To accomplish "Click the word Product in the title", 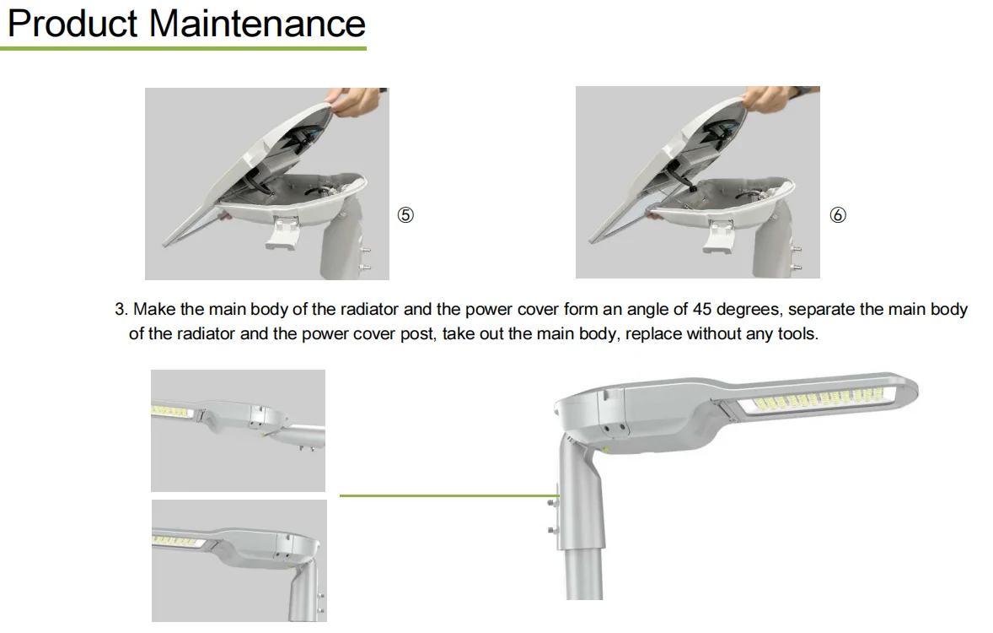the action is point(72,24).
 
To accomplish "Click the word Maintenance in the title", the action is point(257,24).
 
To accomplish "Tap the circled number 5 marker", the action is point(405,215).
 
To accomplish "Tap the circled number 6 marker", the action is point(837,215).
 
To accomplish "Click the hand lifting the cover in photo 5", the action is point(354,100).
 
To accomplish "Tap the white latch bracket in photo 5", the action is point(283,233).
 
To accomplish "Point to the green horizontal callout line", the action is point(449,495).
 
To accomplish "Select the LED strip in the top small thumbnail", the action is point(172,412).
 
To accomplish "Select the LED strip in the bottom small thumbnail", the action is point(177,541).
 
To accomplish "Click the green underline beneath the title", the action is point(183,48).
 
